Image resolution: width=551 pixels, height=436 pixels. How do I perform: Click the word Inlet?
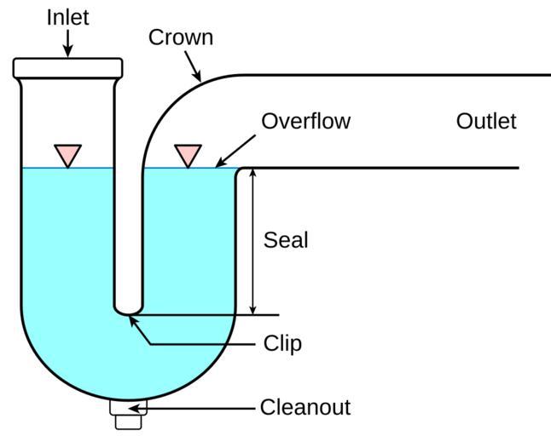(x=68, y=17)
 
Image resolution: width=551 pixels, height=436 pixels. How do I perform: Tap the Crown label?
(x=180, y=37)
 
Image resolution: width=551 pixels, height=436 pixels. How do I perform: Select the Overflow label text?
(x=305, y=121)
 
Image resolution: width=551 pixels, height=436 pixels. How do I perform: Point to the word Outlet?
(x=486, y=121)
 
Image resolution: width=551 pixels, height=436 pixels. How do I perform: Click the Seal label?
(x=285, y=240)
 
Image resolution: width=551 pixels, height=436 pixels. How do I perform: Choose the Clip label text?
(x=282, y=344)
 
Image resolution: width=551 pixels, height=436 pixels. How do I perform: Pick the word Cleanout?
(x=304, y=408)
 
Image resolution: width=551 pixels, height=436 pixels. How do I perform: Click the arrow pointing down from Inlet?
(x=68, y=43)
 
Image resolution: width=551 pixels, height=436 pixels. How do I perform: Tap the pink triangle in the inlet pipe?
(x=67, y=154)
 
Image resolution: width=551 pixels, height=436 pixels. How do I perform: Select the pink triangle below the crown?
(x=188, y=154)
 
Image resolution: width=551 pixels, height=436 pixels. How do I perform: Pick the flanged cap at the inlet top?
(x=68, y=67)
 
